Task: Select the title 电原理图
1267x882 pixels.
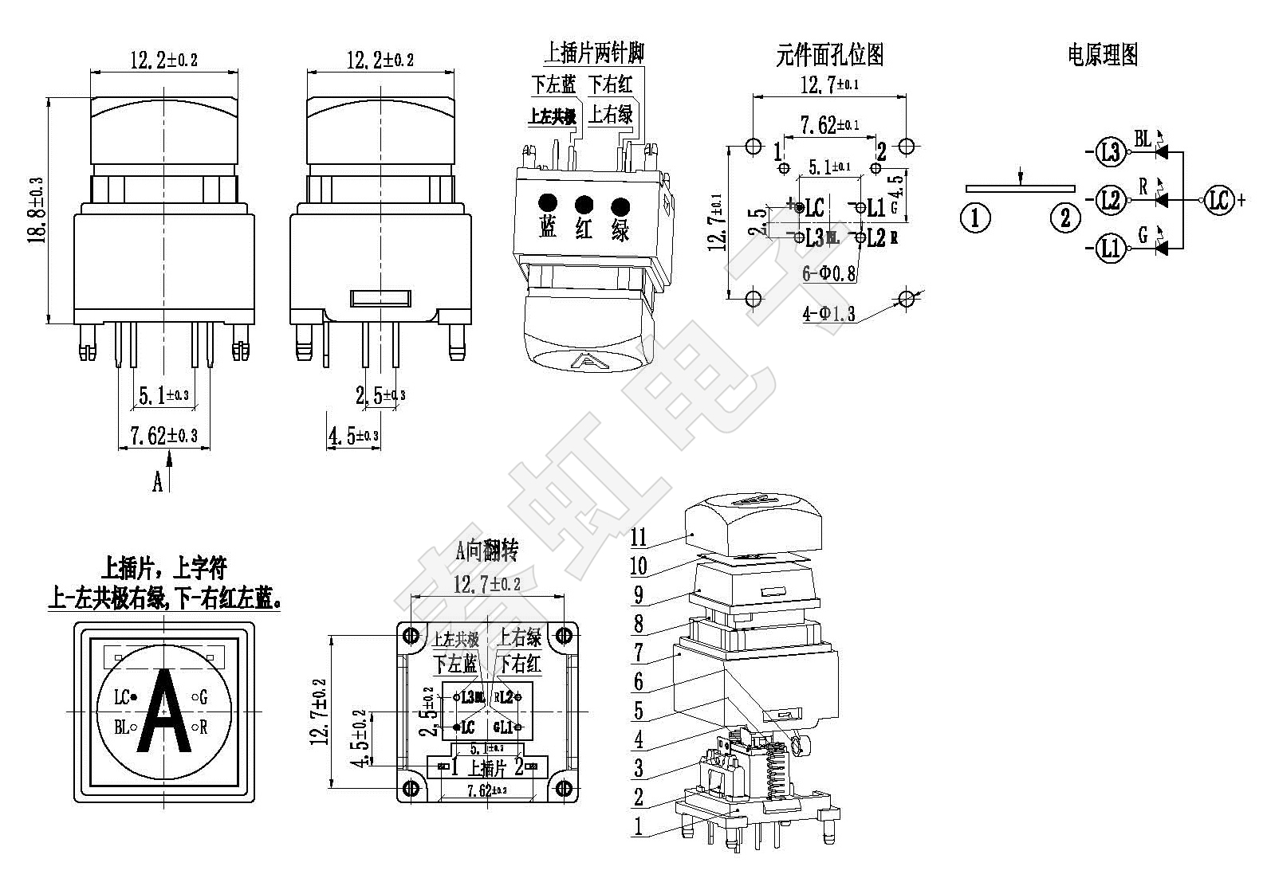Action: [1102, 55]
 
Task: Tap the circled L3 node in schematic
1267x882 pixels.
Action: [1110, 151]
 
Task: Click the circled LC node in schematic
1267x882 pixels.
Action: [1218, 199]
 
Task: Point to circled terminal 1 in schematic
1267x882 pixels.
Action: [975, 217]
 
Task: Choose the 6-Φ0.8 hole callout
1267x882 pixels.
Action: [829, 273]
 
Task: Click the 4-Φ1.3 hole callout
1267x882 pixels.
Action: [828, 314]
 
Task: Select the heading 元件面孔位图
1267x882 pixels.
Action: [829, 55]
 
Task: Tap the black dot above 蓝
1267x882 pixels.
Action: [547, 202]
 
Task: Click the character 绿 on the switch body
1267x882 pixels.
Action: [620, 230]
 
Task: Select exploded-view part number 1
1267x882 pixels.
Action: [637, 826]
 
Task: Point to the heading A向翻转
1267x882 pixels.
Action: [487, 551]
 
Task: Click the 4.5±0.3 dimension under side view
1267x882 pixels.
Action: [352, 436]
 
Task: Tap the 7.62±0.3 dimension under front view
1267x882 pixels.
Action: [163, 436]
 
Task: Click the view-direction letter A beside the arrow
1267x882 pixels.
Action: [157, 481]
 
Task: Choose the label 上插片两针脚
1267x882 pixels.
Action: [594, 53]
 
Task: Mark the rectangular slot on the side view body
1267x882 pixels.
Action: [381, 299]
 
